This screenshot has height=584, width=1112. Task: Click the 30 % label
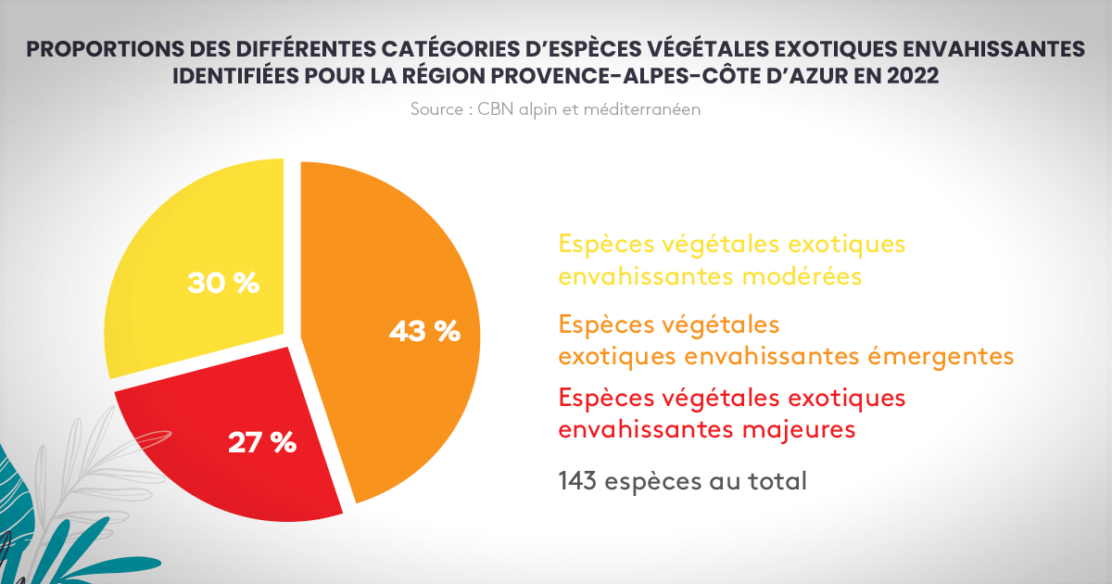223,284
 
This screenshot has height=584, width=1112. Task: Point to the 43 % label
424,331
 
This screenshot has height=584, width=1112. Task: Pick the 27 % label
262,442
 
